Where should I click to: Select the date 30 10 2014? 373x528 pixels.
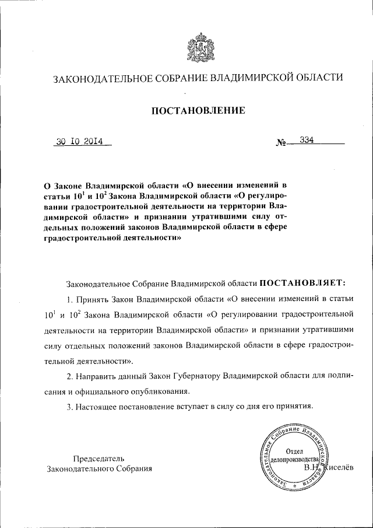[79, 141]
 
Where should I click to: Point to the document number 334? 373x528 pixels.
[307, 140]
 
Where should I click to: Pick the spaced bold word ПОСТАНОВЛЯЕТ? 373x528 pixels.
[303, 283]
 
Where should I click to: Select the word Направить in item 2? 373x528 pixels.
[95, 376]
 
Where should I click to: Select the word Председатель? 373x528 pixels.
[98, 458]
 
